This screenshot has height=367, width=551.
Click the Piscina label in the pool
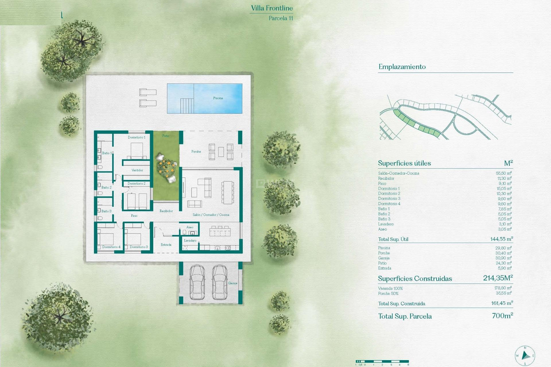[x=218, y=98]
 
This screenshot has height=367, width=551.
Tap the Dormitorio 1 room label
[x=137, y=137]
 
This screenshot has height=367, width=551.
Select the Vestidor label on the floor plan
[x=137, y=170]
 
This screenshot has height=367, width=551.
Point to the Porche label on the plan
[x=196, y=151]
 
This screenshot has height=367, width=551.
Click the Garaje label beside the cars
[x=232, y=283]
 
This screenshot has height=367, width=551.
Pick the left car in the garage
[x=197, y=282]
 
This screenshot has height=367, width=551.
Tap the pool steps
[x=187, y=106]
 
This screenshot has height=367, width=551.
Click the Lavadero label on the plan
[x=190, y=241]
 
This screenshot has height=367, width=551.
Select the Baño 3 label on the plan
[x=106, y=211]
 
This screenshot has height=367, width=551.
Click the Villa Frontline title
[x=272, y=8]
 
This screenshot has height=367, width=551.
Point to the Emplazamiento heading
[x=402, y=67]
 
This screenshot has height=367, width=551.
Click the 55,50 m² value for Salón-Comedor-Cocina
[x=503, y=173]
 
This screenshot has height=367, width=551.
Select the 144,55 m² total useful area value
[x=501, y=239]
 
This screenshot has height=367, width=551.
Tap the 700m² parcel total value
[x=502, y=316]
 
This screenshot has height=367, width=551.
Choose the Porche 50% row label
[x=388, y=293]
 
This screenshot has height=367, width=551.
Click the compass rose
[x=525, y=356]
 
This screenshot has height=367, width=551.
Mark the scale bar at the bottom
[x=382, y=362]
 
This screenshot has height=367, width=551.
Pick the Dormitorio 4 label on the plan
[x=111, y=247]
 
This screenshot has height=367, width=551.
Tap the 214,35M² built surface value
[x=498, y=278]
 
